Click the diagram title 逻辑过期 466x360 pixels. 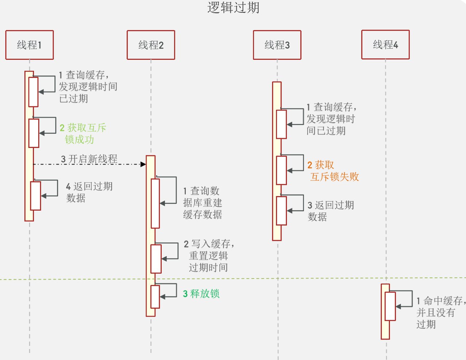point(233,8)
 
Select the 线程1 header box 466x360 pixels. point(29,45)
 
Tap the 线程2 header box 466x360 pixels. point(151,45)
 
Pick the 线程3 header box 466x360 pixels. point(277,45)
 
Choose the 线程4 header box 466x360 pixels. point(385,44)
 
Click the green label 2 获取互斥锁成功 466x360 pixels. point(83,133)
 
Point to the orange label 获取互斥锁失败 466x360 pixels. point(333,171)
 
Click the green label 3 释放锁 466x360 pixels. point(201,294)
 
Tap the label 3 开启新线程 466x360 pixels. point(89,159)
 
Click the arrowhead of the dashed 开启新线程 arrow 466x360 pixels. point(143,164)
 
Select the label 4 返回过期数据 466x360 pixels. point(89,192)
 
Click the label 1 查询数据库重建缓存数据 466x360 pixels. point(202,203)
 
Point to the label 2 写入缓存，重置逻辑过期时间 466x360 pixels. point(209,255)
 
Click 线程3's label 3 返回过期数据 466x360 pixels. point(331,211)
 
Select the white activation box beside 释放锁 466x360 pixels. point(155,297)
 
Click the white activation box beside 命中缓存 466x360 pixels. point(390,306)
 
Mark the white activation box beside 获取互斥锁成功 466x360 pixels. point(34,133)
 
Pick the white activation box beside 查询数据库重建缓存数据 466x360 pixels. point(155,203)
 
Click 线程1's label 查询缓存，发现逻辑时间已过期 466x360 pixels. point(88,87)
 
